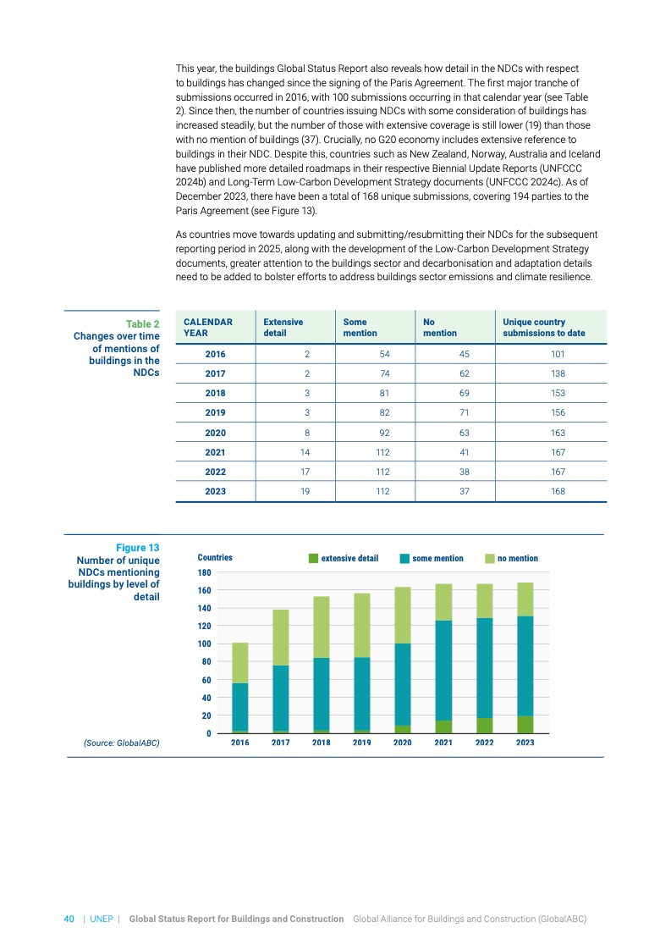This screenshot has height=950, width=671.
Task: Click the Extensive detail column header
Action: coord(283,328)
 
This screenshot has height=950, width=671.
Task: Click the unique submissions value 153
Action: coord(558,393)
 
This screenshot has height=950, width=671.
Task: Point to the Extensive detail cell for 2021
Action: coord(306,451)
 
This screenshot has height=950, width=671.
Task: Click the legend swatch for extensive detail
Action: coord(313,558)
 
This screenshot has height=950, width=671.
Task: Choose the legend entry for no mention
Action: coord(517,558)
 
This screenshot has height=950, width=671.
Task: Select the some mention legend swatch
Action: coord(405,558)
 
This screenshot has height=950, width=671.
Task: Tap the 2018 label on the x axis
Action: coord(322,743)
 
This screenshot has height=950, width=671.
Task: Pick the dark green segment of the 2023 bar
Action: coord(525,725)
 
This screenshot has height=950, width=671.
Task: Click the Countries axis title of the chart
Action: coord(214,558)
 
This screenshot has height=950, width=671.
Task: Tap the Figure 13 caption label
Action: coord(137,548)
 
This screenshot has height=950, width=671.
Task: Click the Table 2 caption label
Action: coord(142,324)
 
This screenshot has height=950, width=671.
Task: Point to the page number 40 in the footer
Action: coord(69,919)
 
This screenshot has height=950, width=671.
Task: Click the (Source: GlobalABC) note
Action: coord(121,743)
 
